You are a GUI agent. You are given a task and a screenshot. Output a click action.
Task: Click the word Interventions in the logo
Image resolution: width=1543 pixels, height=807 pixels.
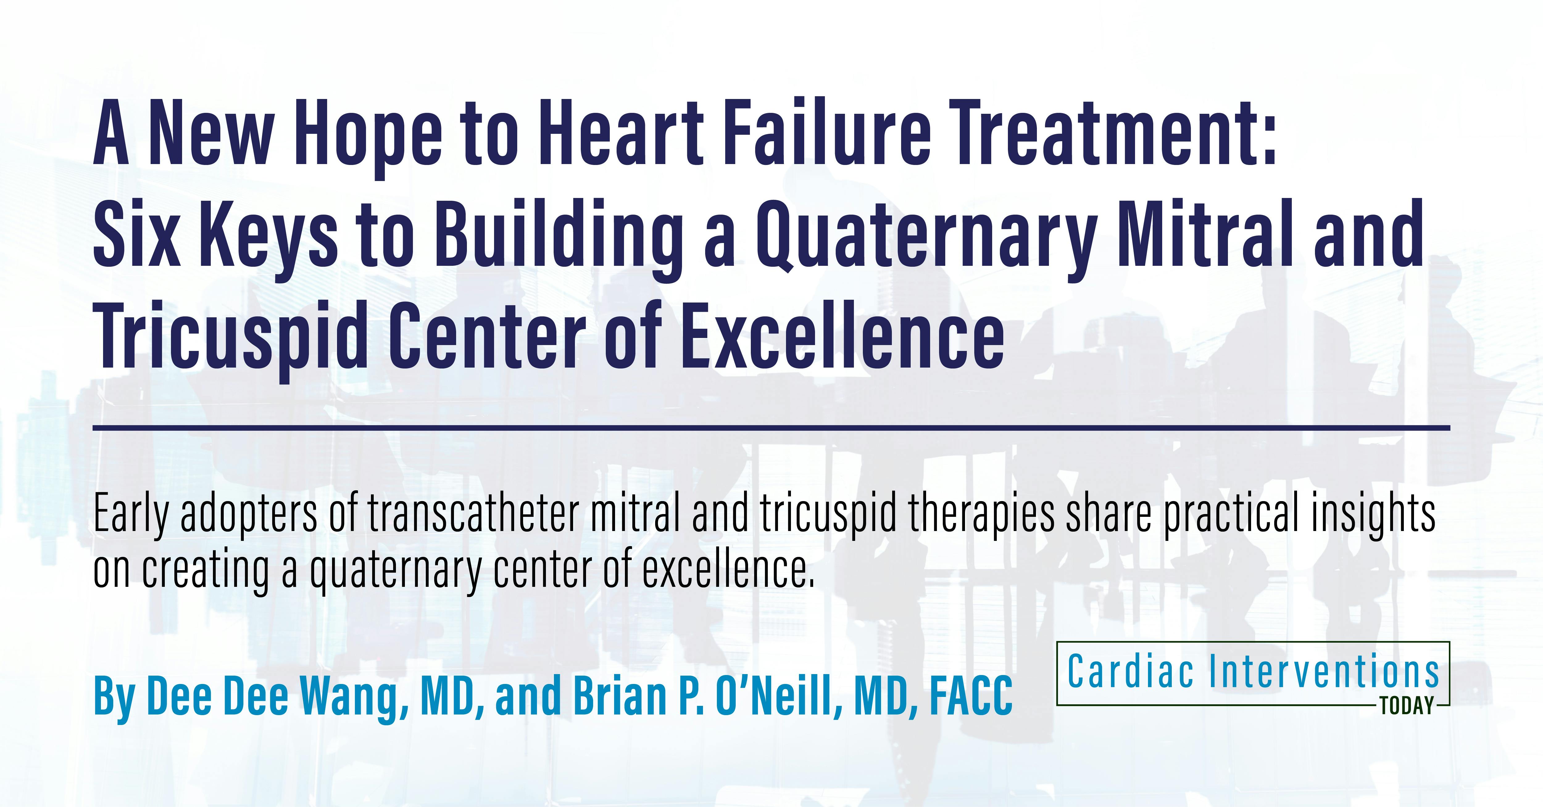pos(1324,672)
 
